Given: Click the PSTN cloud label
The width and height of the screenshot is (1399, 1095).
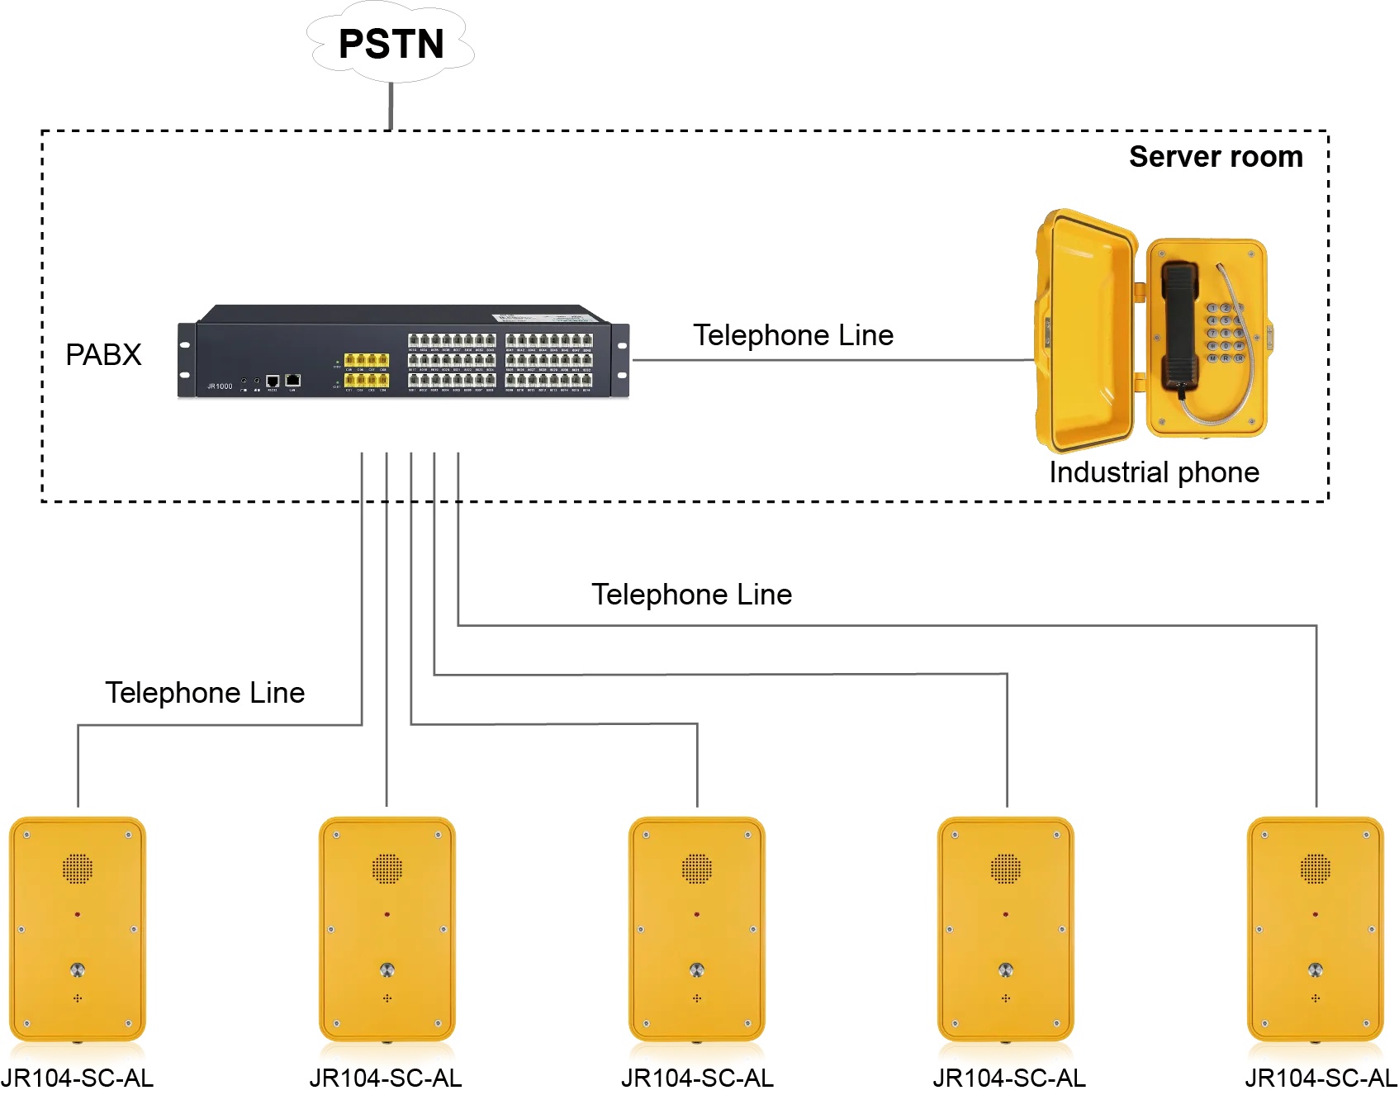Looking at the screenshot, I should [x=391, y=44].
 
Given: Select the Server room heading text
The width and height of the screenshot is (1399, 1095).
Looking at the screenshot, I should [x=1215, y=157].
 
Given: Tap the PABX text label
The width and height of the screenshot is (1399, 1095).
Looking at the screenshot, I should [x=103, y=355].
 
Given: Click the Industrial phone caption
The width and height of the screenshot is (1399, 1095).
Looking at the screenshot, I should [x=1154, y=472].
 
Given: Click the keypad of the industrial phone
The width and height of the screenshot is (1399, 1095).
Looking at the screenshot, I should [x=1226, y=333].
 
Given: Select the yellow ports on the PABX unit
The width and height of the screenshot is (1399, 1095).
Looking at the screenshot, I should [x=366, y=370].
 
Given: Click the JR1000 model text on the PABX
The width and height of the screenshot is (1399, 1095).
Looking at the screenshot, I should [x=220, y=386].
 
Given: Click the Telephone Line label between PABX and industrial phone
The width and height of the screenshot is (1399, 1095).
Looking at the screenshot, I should [x=793, y=335].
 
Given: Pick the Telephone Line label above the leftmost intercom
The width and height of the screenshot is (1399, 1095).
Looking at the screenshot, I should [x=205, y=693].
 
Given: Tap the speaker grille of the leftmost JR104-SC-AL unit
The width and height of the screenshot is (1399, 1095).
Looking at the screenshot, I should [x=78, y=868].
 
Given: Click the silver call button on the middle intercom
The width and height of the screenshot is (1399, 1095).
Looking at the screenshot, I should [x=697, y=969].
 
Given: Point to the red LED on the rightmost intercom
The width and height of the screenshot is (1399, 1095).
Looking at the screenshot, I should [x=1315, y=914].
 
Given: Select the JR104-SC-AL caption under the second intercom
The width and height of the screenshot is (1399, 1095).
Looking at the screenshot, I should [x=386, y=1078].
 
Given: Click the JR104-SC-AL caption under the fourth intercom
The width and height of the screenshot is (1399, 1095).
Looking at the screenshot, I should [x=1009, y=1078].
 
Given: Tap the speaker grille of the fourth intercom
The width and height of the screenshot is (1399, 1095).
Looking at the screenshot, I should [x=1006, y=868].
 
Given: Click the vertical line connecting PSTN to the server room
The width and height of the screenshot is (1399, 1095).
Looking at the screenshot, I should [x=391, y=106].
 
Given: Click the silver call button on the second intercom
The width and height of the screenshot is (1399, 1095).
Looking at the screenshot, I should [x=387, y=969].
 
